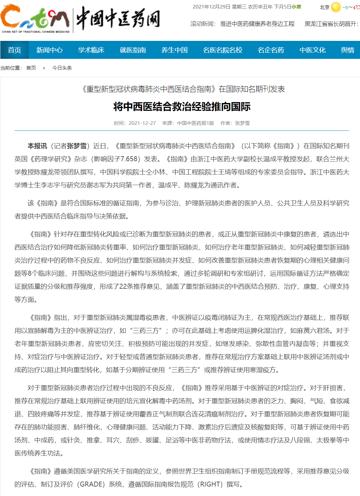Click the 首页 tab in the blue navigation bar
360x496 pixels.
(x=14, y=50)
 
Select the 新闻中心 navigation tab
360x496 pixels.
(x=49, y=50)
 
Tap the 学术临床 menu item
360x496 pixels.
(x=91, y=50)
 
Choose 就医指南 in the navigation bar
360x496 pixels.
(x=133, y=50)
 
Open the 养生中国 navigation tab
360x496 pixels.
(x=174, y=50)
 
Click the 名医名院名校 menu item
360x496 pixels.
(x=222, y=50)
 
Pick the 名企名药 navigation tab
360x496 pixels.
(x=271, y=50)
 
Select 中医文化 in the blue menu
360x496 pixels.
(x=313, y=50)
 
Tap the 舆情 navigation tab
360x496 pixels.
(x=348, y=50)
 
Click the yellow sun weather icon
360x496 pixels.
(x=336, y=7)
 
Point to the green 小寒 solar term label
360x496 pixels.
(x=297, y=7)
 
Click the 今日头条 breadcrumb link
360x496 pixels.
(x=62, y=68)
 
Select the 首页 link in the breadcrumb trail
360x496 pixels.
(x=31, y=68)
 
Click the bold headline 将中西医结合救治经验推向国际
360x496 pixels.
(x=182, y=107)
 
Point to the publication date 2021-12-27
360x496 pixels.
(x=142, y=123)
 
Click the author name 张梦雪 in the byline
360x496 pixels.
(x=242, y=123)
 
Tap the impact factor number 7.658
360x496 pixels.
(x=129, y=159)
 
